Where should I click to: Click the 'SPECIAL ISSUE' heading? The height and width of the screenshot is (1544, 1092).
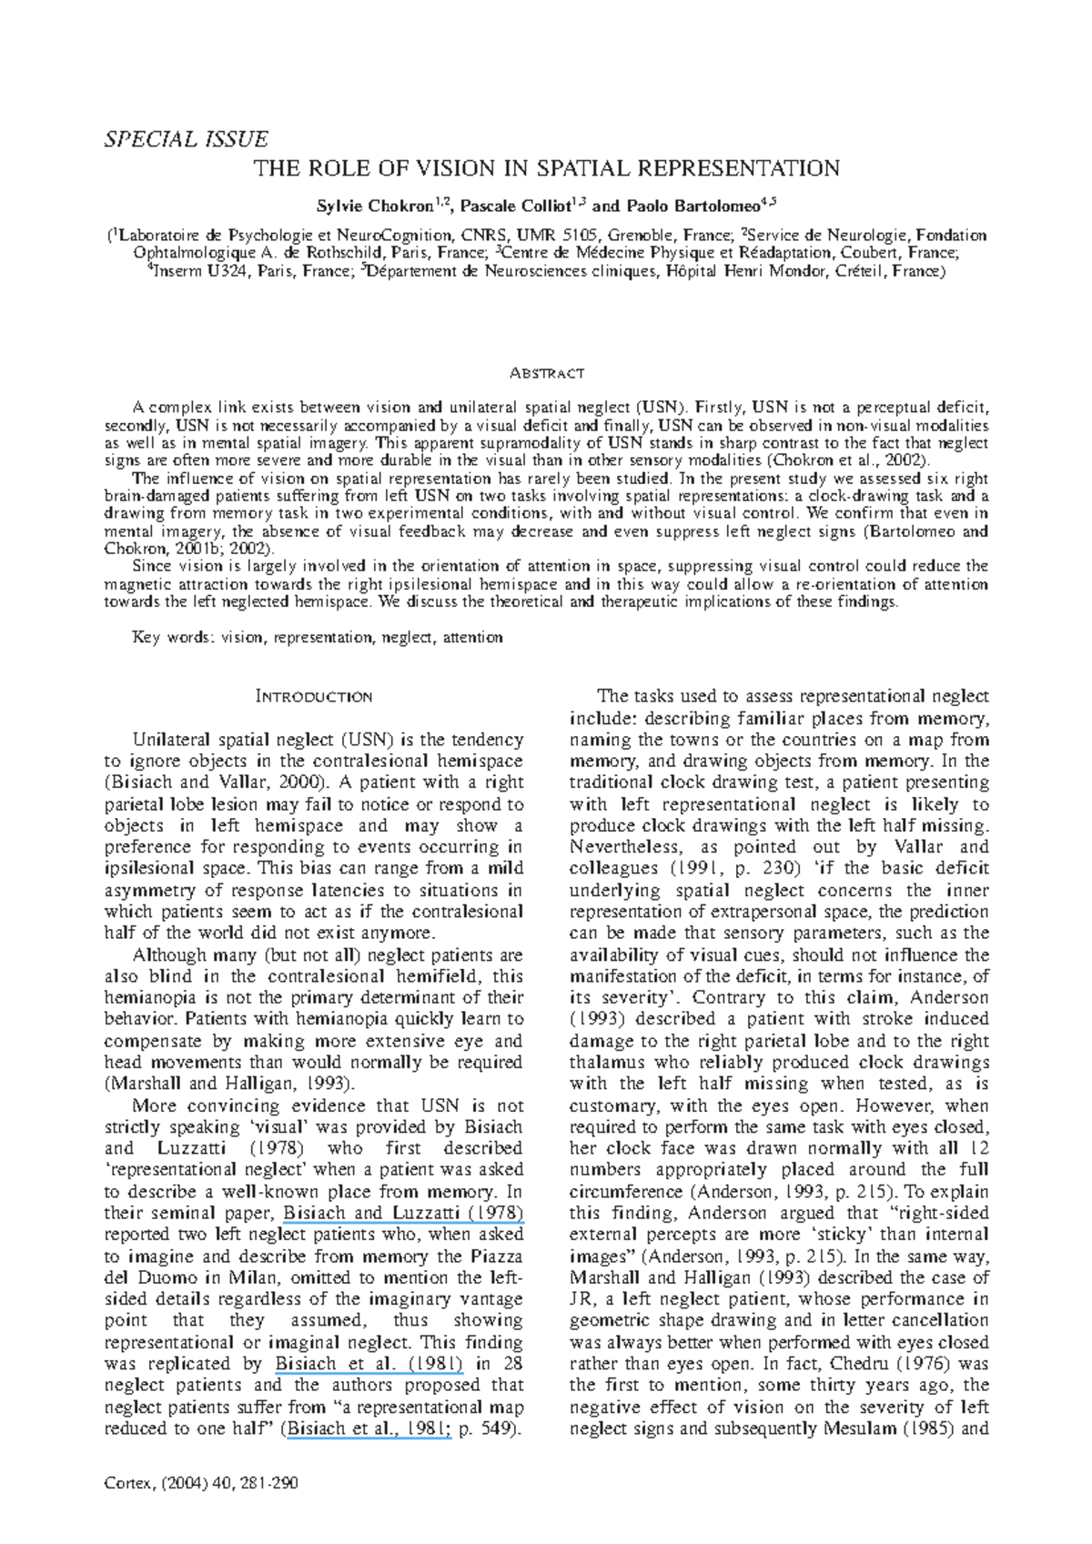(186, 139)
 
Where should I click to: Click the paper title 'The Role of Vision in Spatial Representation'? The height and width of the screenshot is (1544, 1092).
(546, 168)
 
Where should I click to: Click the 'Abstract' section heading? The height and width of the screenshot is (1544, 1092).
(546, 374)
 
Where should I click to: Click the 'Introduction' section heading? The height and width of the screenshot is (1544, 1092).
(314, 697)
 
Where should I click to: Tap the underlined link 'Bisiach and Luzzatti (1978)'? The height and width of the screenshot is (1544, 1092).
(403, 1213)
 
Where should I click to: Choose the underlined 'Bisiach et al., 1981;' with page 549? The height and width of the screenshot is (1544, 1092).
(369, 1428)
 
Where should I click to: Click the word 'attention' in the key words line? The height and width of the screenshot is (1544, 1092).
(472, 638)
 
